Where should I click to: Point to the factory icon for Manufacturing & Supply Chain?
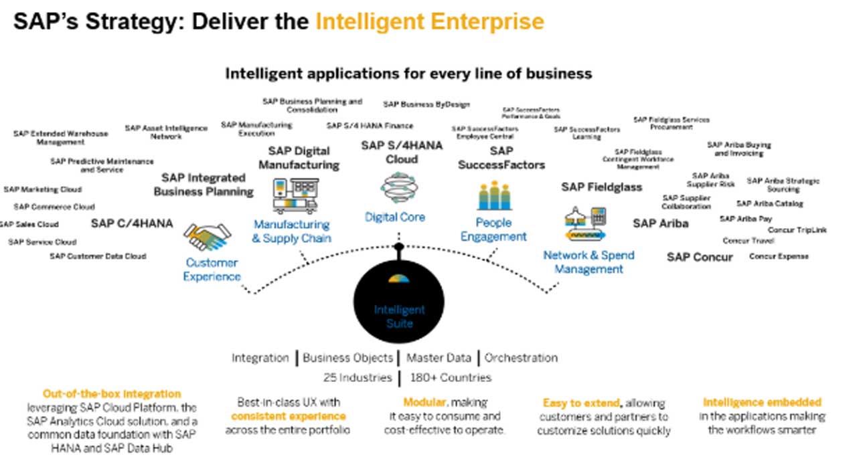[x=295, y=195]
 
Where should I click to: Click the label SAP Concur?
[x=700, y=257]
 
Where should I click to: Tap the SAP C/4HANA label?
[x=132, y=223]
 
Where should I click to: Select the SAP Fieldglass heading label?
[x=601, y=187]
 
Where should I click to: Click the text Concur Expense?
[x=779, y=256]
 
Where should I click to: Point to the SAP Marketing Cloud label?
[x=43, y=189]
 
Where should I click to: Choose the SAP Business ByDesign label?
[x=426, y=104]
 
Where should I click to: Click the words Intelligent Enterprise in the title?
[x=430, y=21]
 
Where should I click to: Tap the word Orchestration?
[x=521, y=358]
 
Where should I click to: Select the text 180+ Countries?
[x=451, y=377]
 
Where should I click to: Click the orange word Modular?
[x=424, y=402]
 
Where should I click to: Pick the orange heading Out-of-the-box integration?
[x=112, y=394]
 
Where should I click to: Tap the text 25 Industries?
[x=358, y=377]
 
